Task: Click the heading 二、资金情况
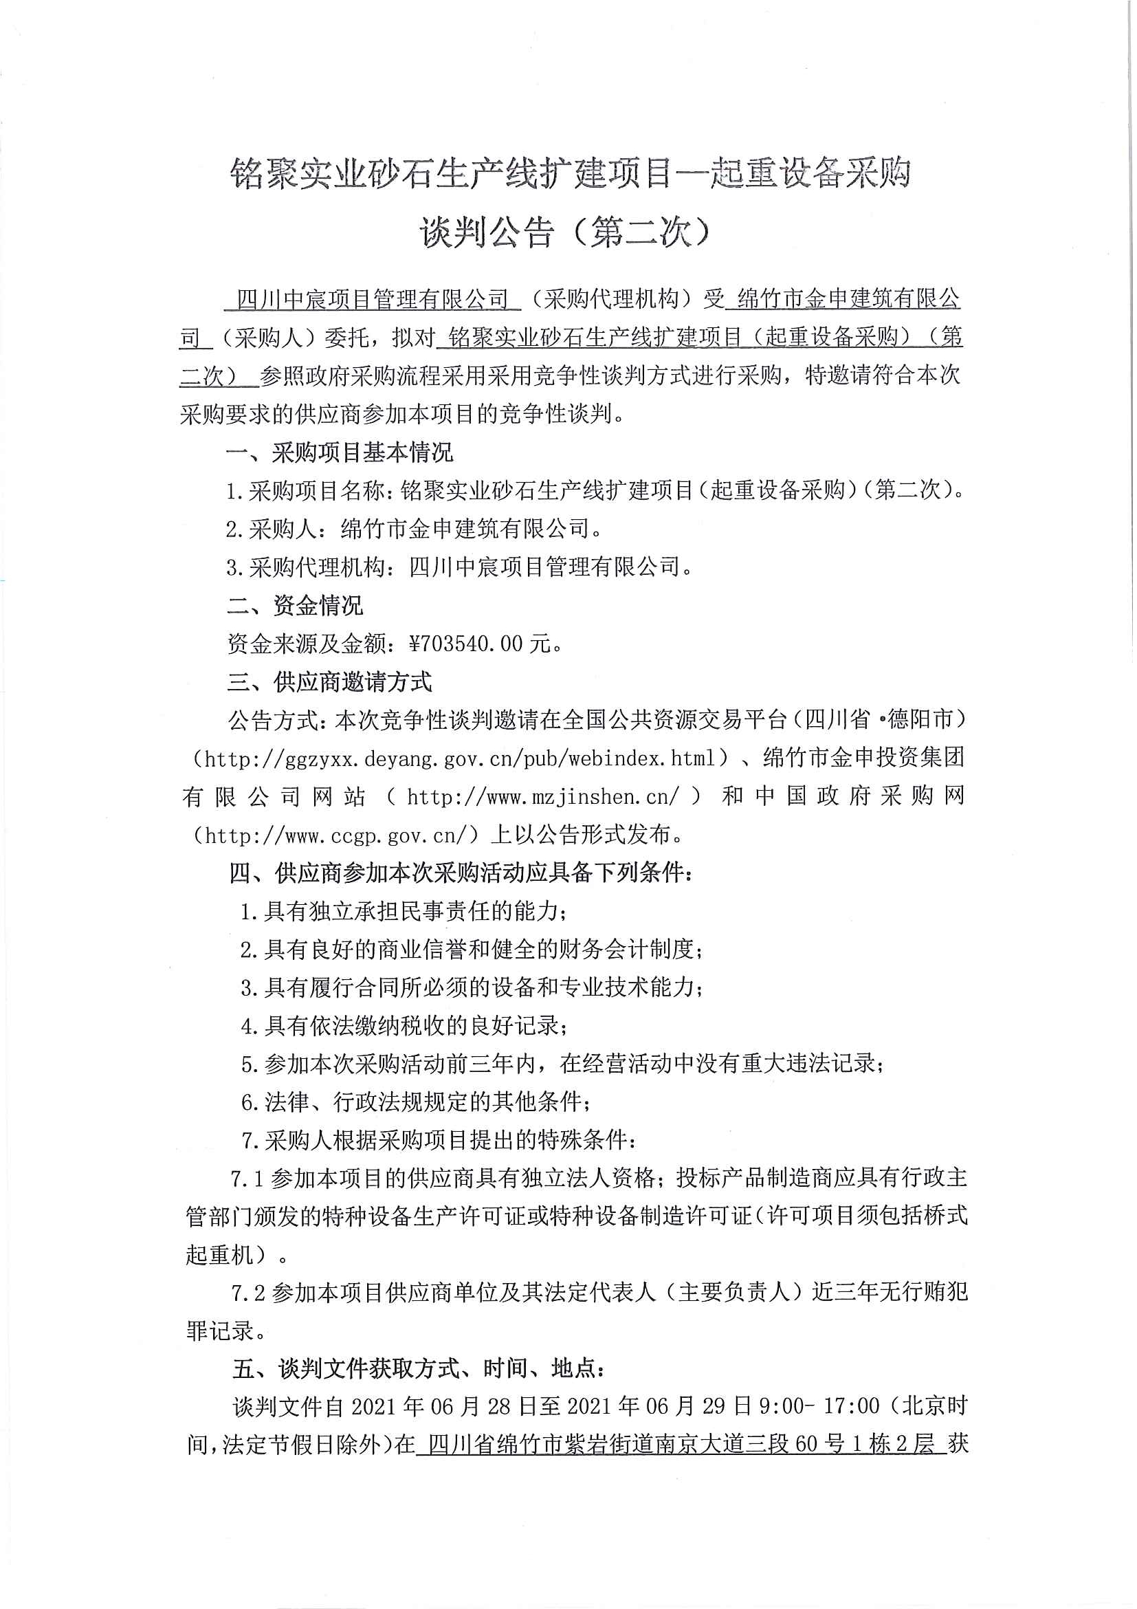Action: click(x=295, y=606)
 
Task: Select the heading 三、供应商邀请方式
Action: click(x=329, y=682)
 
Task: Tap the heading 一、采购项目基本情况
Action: click(x=339, y=452)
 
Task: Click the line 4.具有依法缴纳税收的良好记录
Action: click(x=404, y=1026)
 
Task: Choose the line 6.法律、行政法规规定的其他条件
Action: click(x=415, y=1102)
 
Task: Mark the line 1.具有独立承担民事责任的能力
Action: click(x=404, y=911)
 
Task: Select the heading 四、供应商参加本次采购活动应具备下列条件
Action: click(x=461, y=873)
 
